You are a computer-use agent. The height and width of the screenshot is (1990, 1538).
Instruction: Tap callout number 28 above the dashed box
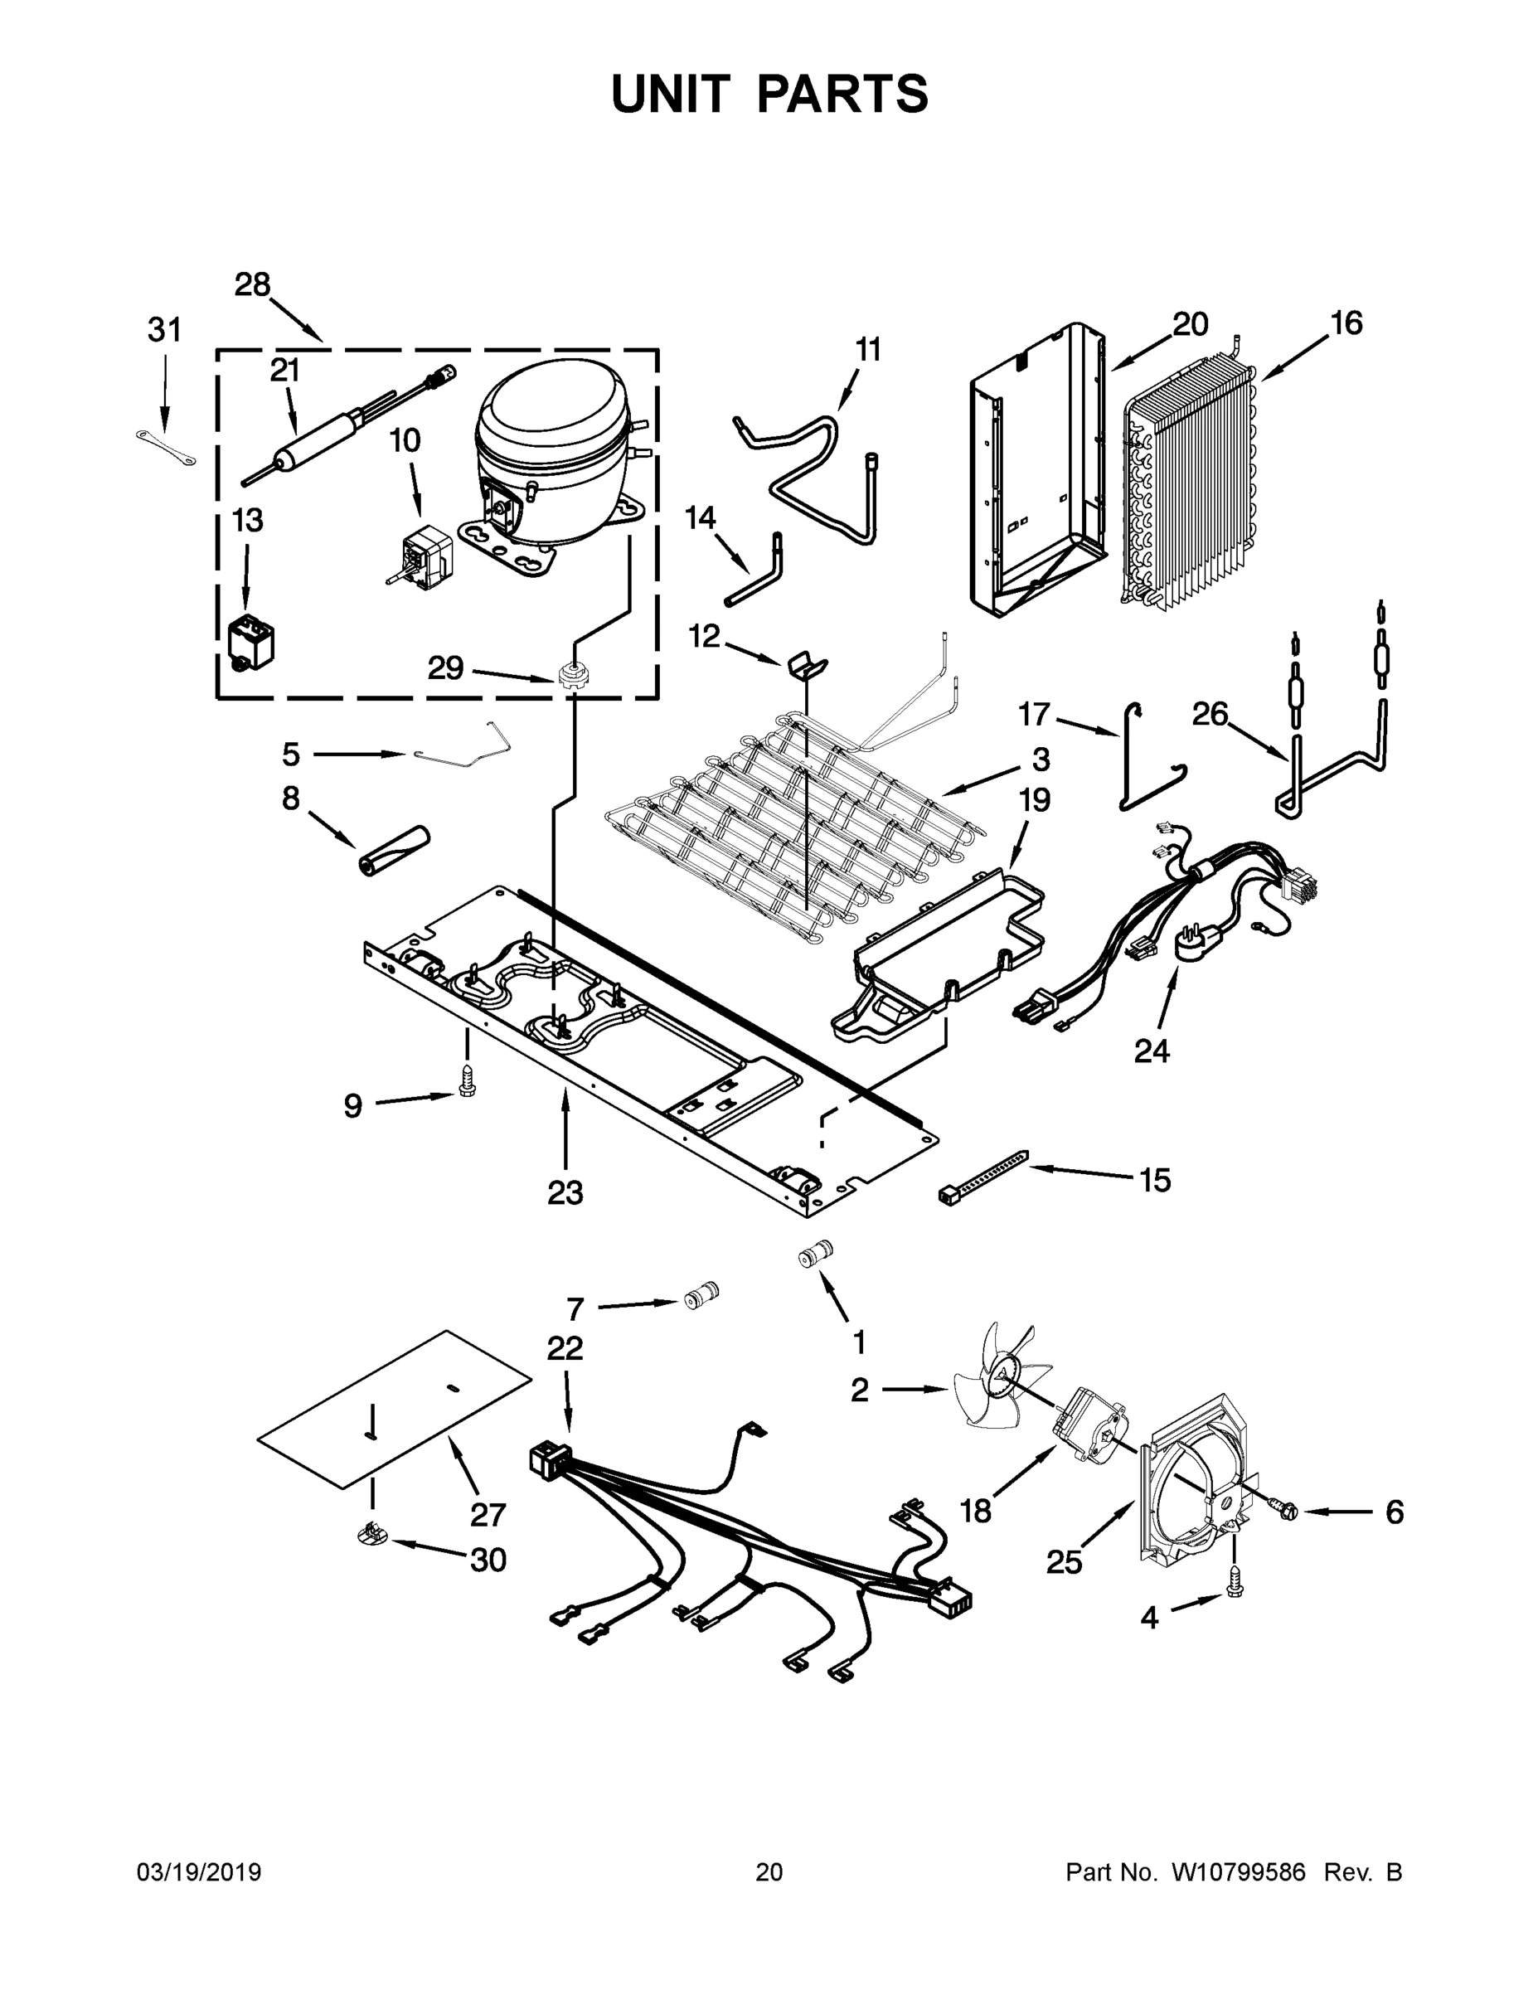[252, 285]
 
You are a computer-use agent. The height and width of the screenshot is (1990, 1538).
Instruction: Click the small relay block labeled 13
[250, 643]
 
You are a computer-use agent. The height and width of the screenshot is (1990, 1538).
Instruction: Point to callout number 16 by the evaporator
[1346, 323]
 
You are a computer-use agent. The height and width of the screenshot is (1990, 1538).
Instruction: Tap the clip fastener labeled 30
[370, 1536]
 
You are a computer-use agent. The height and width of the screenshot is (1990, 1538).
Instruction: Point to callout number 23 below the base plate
[565, 1192]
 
